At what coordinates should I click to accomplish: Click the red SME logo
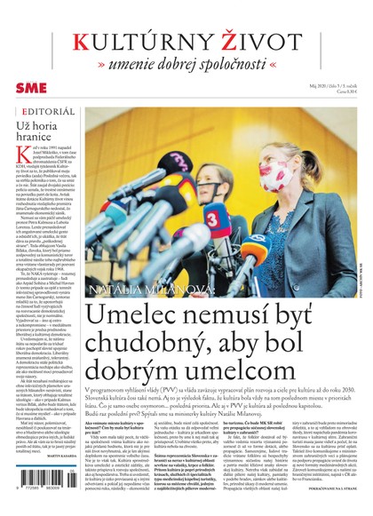pyautogui.click(x=31, y=87)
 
